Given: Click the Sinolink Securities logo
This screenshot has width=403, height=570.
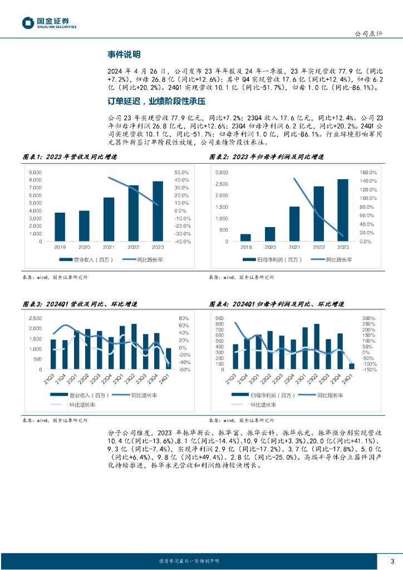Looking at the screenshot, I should click(x=49, y=23).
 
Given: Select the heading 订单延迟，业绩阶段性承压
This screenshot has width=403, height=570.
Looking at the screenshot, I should click(x=156, y=101).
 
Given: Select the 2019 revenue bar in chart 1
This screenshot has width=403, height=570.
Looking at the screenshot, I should click(x=60, y=227).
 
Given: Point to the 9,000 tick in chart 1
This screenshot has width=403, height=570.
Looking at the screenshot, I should click(x=35, y=171).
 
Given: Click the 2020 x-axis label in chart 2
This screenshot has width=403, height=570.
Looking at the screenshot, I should click(x=270, y=247).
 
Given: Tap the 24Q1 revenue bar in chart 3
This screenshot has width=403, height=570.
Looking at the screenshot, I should click(x=168, y=358).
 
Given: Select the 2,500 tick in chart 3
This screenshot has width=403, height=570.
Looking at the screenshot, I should click(x=35, y=318).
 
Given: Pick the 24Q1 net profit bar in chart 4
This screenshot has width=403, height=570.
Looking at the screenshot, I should click(x=351, y=366).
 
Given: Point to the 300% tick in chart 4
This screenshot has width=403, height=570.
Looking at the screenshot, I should click(x=368, y=318).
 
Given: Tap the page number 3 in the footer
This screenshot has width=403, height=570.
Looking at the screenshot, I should click(x=392, y=561).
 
